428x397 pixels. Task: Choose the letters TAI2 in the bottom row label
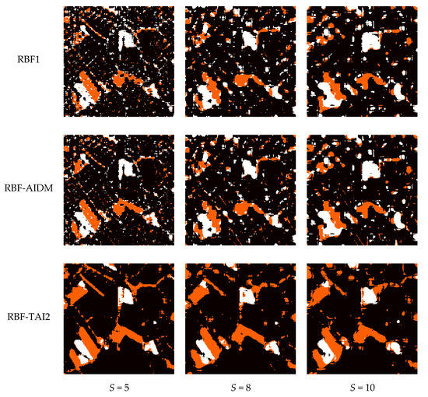click(39, 318)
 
